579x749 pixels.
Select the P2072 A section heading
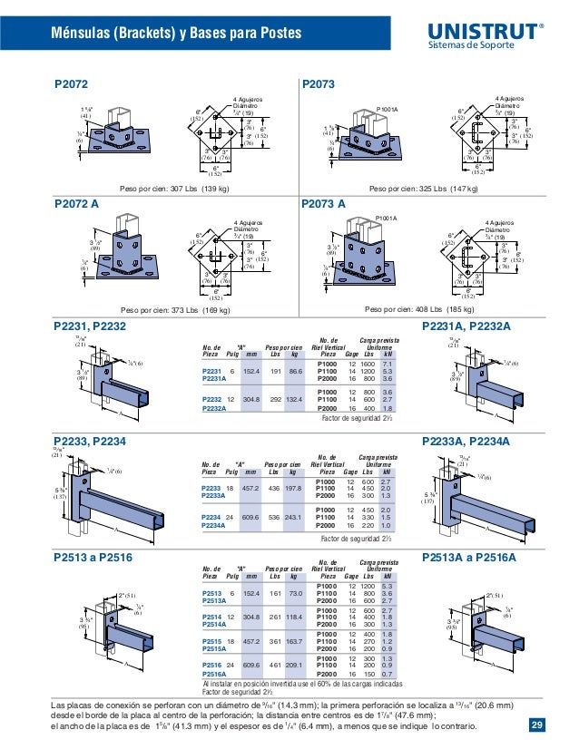pyautogui.click(x=77, y=205)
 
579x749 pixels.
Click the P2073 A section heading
pyautogui.click(x=323, y=205)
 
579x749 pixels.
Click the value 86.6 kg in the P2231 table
pyautogui.click(x=293, y=371)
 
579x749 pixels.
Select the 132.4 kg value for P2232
pyautogui.click(x=293, y=398)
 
